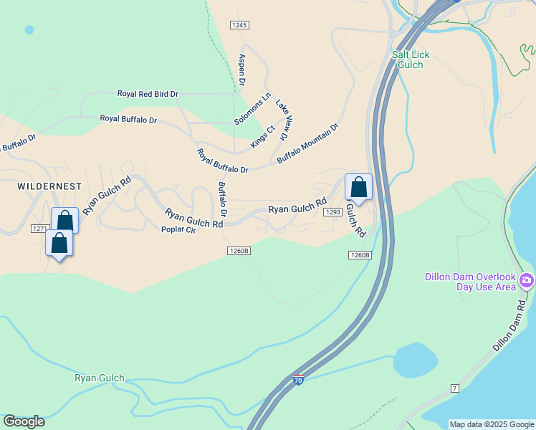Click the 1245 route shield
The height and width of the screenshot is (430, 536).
pos(239,25)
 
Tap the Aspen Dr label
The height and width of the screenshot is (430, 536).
pos(242,70)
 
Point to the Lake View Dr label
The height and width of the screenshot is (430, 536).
pos(284,118)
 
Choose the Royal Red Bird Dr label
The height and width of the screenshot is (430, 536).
pos(148,94)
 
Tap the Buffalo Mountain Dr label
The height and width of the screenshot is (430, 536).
pos(307,143)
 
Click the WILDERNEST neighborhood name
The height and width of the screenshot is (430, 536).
pos(49,186)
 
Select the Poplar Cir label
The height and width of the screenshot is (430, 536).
pos(179,229)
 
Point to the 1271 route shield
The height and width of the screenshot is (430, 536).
pos(39,229)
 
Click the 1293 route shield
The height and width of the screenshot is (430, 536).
pos(332,212)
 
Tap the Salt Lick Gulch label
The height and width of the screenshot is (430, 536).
pos(408,59)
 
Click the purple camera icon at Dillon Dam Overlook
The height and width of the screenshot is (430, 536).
pos(527,279)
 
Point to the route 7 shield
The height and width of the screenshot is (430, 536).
pos(454,388)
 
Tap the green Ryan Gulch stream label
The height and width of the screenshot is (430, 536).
pos(100,378)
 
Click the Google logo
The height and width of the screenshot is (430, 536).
pos(24,421)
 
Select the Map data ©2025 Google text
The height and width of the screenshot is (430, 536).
pos(492,424)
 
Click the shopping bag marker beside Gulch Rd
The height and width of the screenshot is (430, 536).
pos(358,188)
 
